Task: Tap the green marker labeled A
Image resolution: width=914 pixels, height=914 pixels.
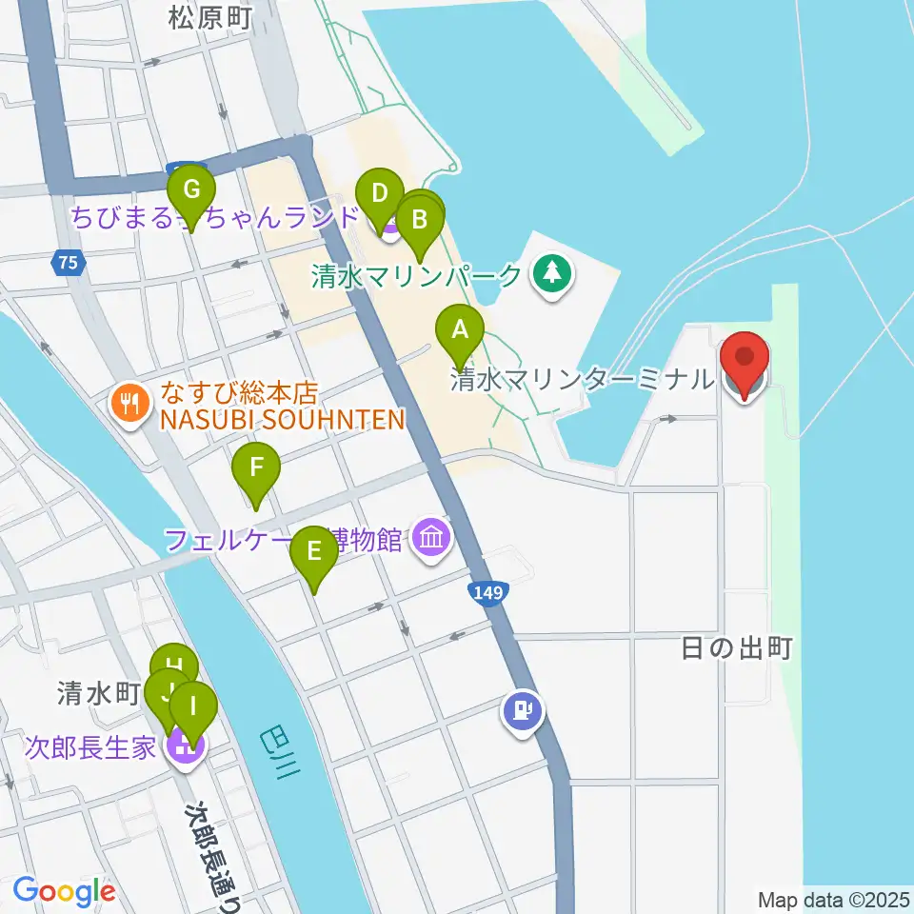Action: click(x=460, y=330)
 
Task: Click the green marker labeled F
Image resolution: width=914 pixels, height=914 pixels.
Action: click(x=255, y=468)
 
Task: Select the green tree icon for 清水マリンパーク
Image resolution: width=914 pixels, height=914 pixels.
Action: click(x=550, y=275)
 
